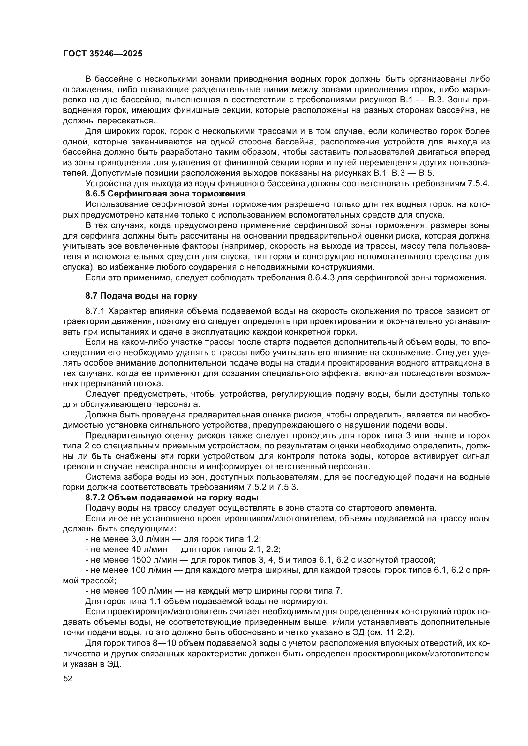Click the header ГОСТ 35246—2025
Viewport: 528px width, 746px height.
click(103, 54)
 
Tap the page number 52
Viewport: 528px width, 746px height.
click(68, 679)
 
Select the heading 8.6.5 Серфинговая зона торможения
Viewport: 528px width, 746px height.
click(165, 194)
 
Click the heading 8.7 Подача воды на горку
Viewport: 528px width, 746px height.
click(141, 296)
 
